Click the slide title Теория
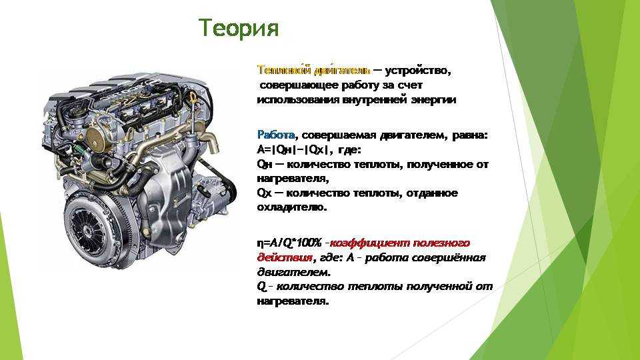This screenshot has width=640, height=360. [x=239, y=28]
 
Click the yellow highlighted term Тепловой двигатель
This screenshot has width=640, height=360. [x=314, y=70]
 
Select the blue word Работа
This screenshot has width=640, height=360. [x=276, y=135]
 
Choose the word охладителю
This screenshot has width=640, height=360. [x=292, y=207]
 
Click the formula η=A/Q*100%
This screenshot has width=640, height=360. [x=289, y=243]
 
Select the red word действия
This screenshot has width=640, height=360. [x=285, y=258]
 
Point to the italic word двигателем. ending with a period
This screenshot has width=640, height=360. [x=294, y=272]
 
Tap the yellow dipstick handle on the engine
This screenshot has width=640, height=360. [x=192, y=98]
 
